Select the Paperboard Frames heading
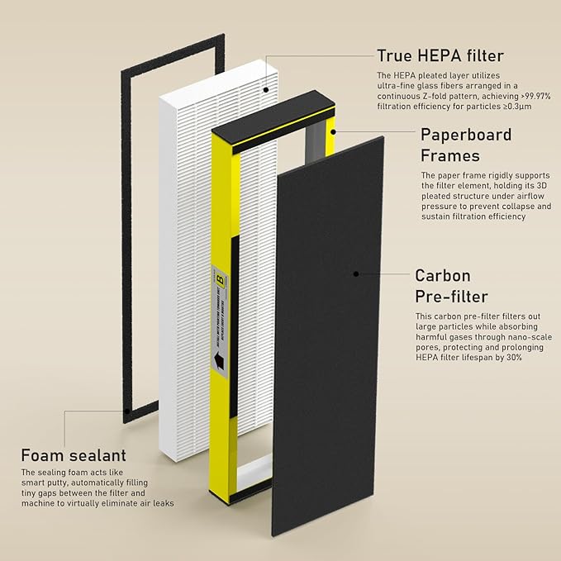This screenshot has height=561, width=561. coord(466,145)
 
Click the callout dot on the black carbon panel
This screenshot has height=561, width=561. coord(355,273)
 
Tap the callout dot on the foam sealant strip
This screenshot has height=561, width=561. coord(125,408)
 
